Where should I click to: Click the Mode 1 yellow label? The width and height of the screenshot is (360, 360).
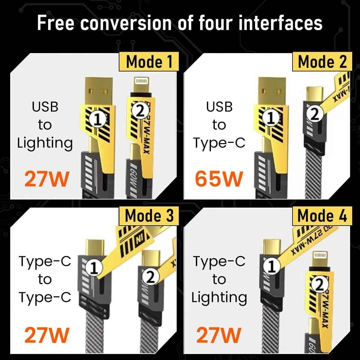tap(149, 62)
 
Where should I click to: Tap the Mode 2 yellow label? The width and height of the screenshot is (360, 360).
tap(322, 62)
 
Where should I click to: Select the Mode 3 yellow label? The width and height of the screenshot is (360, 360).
tap(149, 216)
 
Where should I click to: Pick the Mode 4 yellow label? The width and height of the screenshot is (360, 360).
tap(322, 216)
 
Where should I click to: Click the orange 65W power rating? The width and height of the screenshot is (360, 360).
tap(218, 179)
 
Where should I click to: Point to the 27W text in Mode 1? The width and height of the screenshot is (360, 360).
tap(46, 179)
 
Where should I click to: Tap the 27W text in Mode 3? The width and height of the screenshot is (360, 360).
tap(46, 335)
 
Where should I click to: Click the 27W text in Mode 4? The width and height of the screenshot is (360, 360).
tap(219, 335)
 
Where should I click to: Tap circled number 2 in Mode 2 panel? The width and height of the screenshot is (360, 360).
tap(314, 115)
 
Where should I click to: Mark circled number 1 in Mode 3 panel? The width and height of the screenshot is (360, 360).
tap(94, 268)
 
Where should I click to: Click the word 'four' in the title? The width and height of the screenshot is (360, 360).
tap(210, 23)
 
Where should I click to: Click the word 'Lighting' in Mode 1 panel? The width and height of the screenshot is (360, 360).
tap(45, 143)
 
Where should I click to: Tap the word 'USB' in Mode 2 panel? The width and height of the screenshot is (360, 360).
tap(219, 106)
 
